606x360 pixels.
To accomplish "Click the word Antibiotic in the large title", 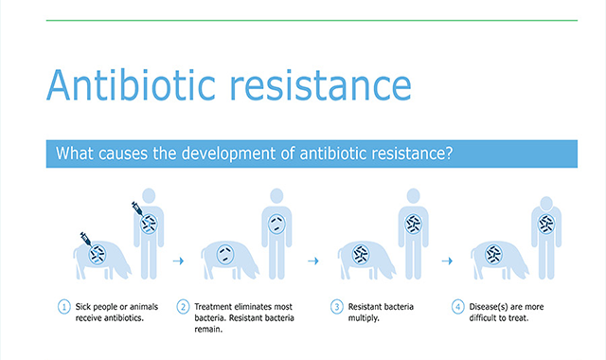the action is pyautogui.click(x=131, y=84).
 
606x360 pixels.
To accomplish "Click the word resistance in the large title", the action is pyautogui.click(x=321, y=85).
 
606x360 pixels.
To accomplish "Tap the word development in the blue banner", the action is pyautogui.click(x=229, y=153).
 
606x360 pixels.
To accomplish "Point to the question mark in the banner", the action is pyautogui.click(x=448, y=153).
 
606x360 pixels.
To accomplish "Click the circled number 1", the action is pyautogui.click(x=64, y=307).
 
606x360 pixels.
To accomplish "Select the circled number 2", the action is pyautogui.click(x=183, y=307).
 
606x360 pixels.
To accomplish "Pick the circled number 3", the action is pyautogui.click(x=337, y=307).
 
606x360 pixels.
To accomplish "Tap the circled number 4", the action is pyautogui.click(x=458, y=307).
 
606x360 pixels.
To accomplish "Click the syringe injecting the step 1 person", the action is pyautogui.click(x=137, y=208).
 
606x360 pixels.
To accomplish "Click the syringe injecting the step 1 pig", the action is pyautogui.click(x=86, y=239).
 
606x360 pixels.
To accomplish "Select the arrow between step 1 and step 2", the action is pyautogui.click(x=178, y=261).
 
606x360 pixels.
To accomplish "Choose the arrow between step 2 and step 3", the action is pyautogui.click(x=313, y=261).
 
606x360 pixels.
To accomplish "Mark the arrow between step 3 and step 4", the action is pyautogui.click(x=447, y=261).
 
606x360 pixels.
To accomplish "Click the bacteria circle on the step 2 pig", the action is pyautogui.click(x=225, y=255).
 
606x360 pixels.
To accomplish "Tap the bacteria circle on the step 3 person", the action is pyautogui.click(x=413, y=224).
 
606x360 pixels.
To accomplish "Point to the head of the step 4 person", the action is pyautogui.click(x=546, y=204).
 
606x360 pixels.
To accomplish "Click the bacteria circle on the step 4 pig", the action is pyautogui.click(x=493, y=255).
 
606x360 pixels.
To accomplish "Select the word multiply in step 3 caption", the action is pyautogui.click(x=363, y=318).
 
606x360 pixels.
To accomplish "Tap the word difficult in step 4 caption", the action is pyautogui.click(x=484, y=318).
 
